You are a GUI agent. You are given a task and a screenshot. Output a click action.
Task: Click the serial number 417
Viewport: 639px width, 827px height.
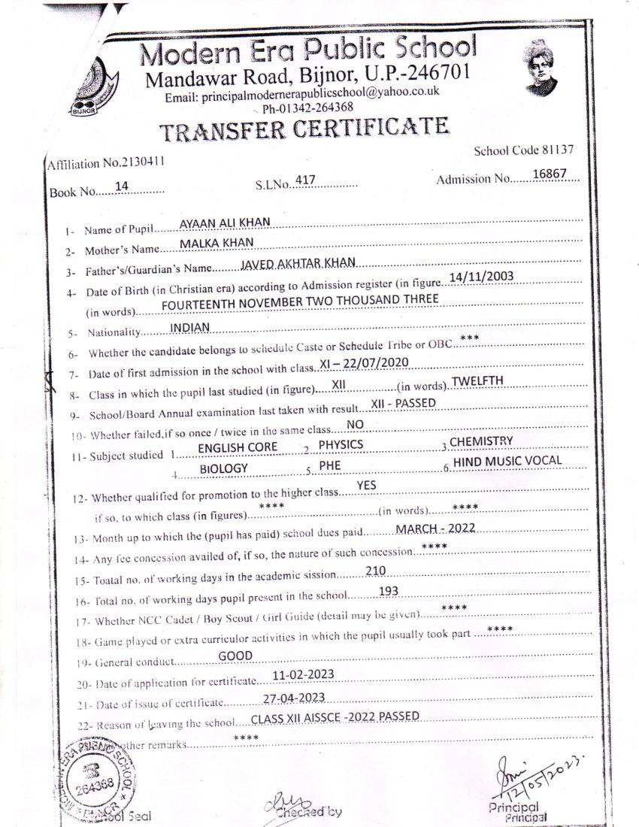click(x=304, y=180)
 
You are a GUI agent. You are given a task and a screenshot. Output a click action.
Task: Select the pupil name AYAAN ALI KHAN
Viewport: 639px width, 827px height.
click(x=224, y=223)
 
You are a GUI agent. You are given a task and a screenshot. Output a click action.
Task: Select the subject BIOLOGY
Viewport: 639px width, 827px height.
click(x=223, y=468)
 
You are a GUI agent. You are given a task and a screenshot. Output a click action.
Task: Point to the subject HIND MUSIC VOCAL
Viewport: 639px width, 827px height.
click(x=507, y=461)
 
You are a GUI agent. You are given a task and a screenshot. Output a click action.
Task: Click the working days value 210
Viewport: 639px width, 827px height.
click(x=375, y=571)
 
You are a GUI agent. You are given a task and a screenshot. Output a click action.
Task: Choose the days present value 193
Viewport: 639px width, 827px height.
click(x=389, y=591)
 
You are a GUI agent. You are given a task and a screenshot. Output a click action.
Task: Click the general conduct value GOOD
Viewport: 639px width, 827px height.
click(x=235, y=656)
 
